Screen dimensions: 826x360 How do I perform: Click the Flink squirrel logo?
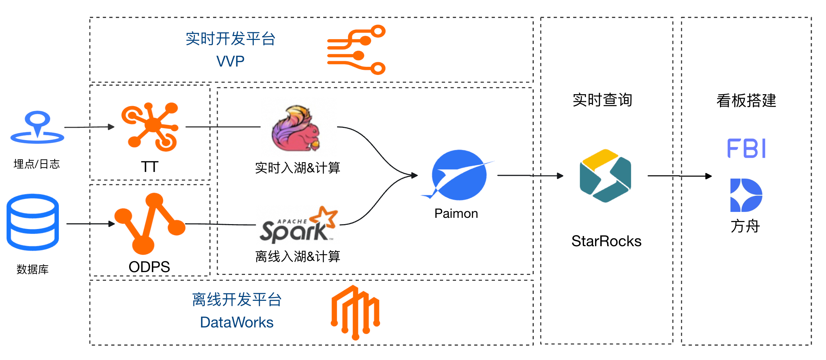[296, 128]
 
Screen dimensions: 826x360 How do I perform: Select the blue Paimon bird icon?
[458, 174]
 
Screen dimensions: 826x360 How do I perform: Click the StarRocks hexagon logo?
[605, 176]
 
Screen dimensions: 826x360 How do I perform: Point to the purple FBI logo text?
[747, 148]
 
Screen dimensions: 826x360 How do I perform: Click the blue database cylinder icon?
[33, 222]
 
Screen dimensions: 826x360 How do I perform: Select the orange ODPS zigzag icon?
[150, 223]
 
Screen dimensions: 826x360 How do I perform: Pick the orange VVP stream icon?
[356, 50]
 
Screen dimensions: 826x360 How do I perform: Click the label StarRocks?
[606, 241]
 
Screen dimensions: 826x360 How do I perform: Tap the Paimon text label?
[456, 213]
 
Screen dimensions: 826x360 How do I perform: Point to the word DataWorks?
[237, 322]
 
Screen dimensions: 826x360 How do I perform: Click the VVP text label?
[230, 61]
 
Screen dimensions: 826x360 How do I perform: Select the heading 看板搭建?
[746, 101]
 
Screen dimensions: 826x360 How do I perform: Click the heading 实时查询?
[602, 100]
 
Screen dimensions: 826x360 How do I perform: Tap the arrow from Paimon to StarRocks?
[530, 175]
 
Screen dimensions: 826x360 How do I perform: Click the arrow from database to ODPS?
[91, 224]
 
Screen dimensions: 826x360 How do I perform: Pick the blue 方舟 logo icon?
[746, 195]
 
